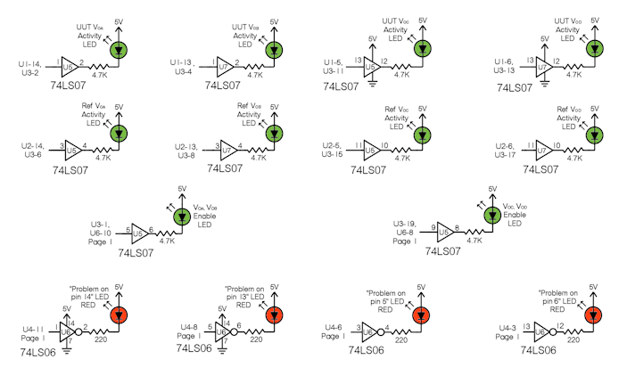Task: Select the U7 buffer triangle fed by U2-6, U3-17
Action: tap(537, 145)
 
